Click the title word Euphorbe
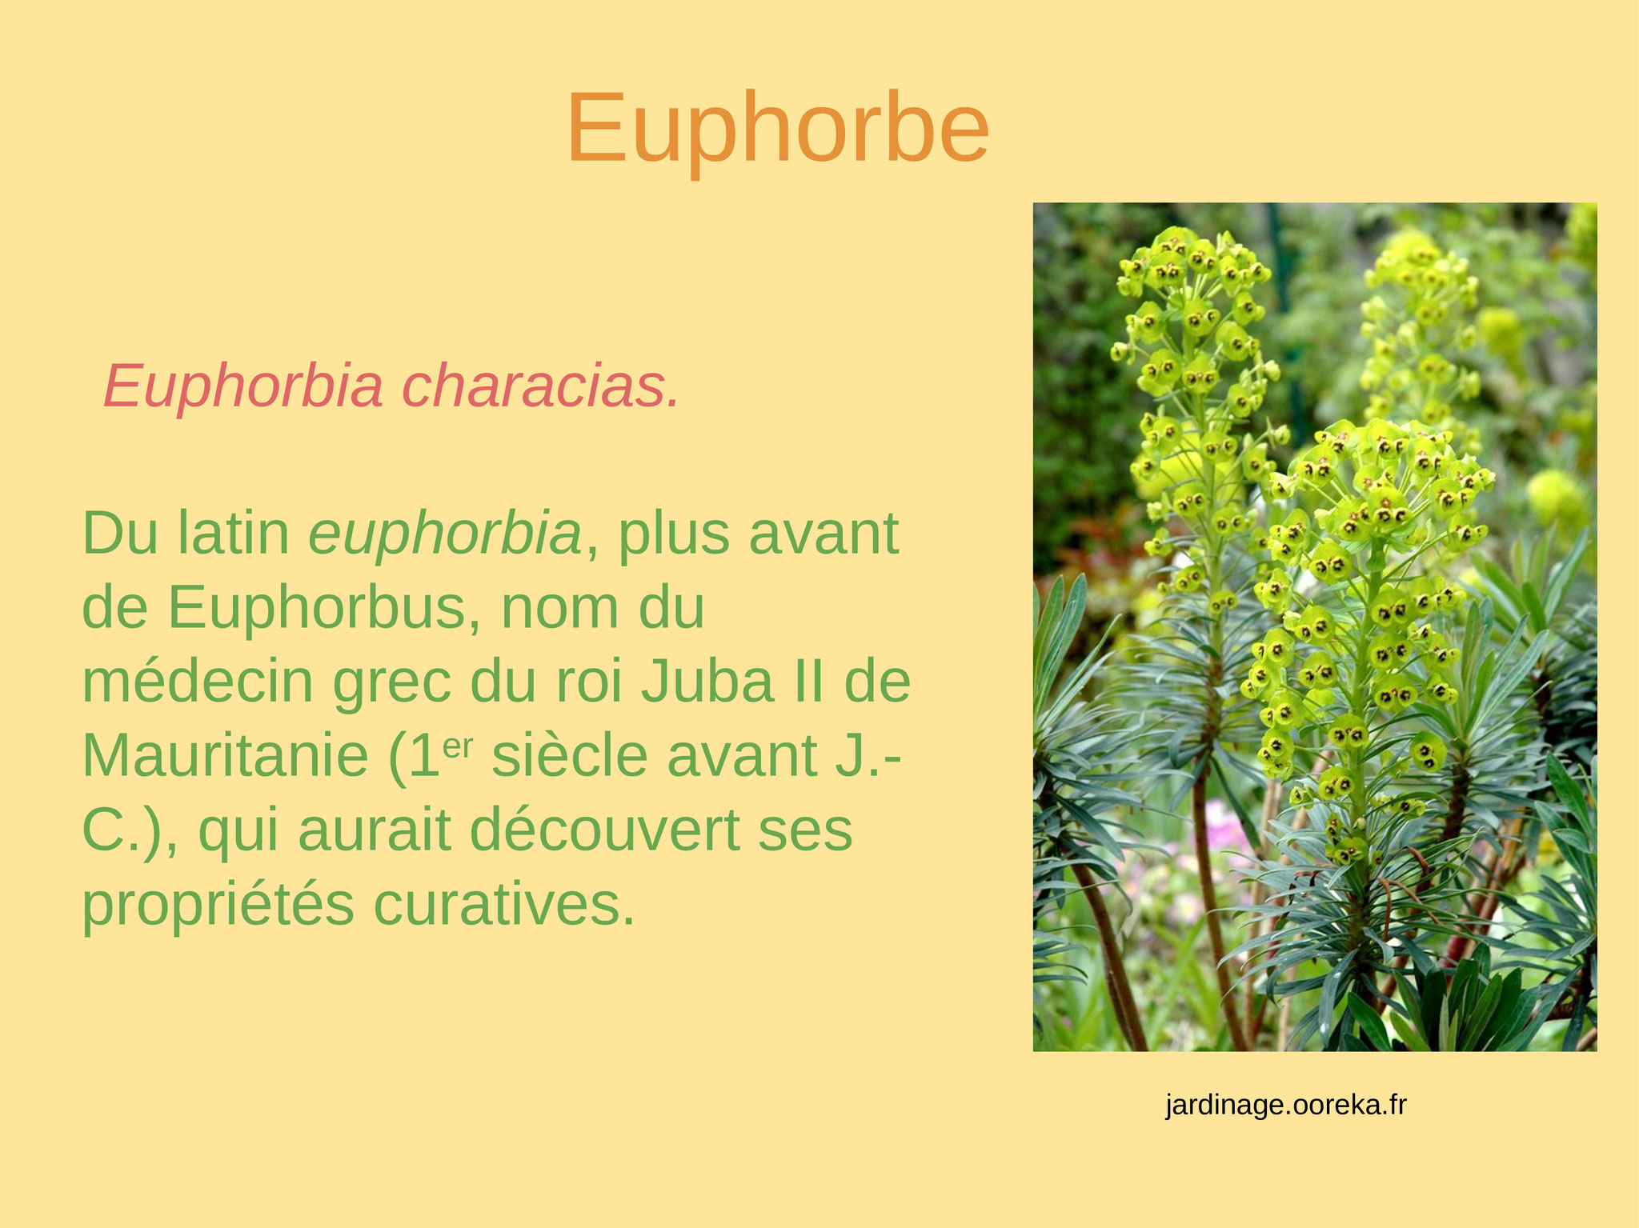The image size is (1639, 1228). tap(778, 130)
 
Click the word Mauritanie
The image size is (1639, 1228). tap(226, 756)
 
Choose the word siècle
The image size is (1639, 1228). tap(569, 756)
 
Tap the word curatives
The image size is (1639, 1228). tap(504, 905)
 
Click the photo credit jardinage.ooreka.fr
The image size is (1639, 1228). tap(1286, 1106)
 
